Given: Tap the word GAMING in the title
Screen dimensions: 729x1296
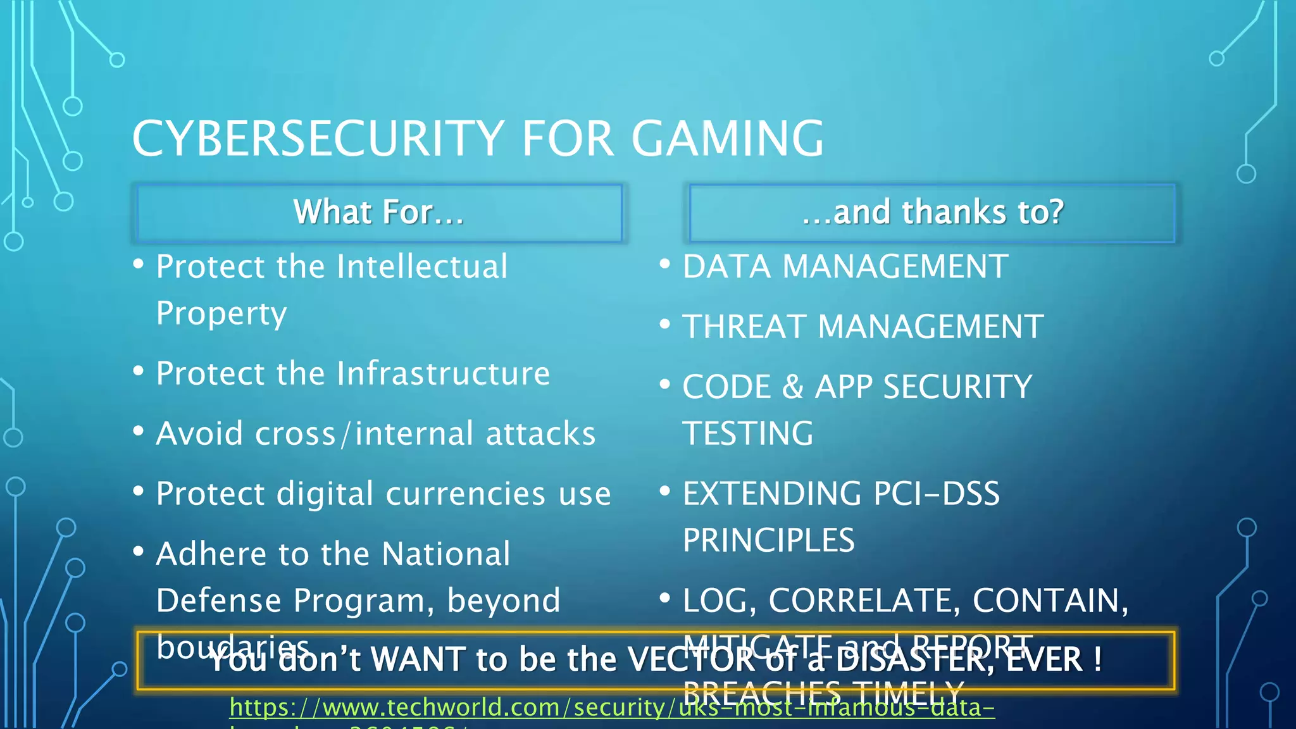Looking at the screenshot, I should click(x=728, y=139).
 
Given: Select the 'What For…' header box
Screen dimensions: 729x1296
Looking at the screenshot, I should click(x=378, y=213).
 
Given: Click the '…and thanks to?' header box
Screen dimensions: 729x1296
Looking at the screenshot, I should click(x=931, y=213).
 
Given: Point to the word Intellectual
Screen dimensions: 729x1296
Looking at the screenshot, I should click(x=422, y=266).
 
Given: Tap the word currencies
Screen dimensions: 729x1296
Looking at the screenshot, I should click(x=465, y=494).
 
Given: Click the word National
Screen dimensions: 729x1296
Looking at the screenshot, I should click(x=446, y=554).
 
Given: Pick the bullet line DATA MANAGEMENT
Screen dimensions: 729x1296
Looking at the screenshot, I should click(x=845, y=266).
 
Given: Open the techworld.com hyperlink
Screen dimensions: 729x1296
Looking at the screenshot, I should click(x=611, y=707).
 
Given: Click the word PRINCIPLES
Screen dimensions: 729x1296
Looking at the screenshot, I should click(x=768, y=540).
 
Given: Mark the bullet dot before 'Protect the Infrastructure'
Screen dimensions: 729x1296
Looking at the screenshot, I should click(x=139, y=371).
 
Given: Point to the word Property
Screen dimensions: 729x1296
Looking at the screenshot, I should click(x=221, y=314).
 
